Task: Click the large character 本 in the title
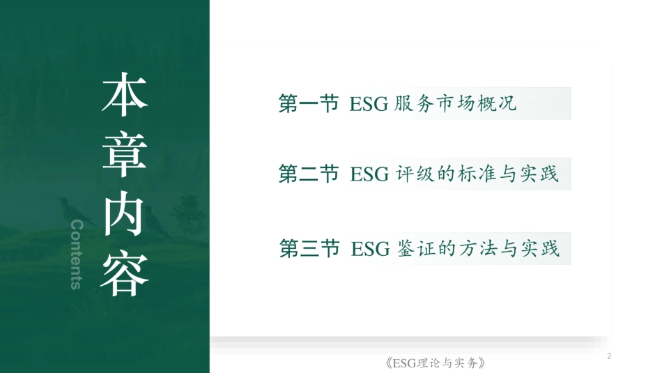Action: [125, 96]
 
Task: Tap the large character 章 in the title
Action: [125, 155]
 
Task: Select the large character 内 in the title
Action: [125, 214]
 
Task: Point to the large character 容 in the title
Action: [125, 274]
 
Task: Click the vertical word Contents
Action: [77, 254]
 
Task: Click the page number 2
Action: [609, 356]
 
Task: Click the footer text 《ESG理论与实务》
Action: [434, 363]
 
